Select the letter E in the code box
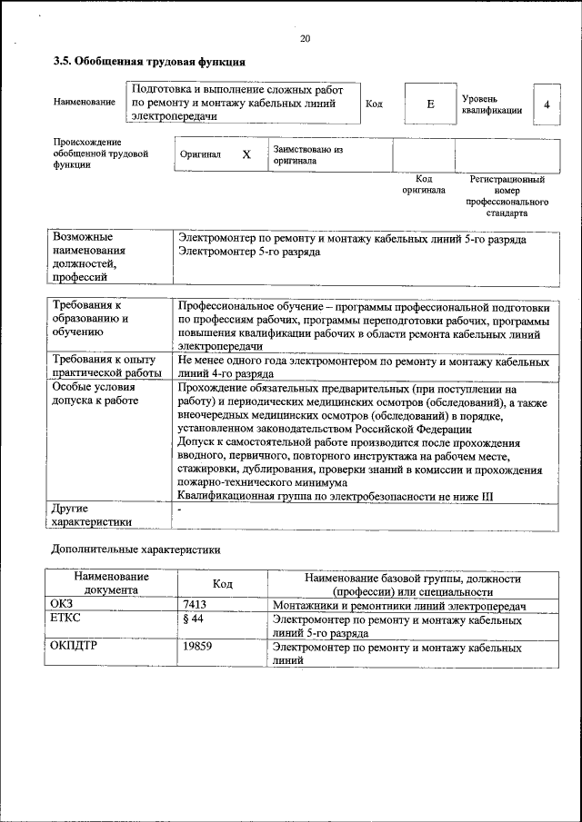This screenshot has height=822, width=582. [430, 104]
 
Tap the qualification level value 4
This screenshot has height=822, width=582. [547, 104]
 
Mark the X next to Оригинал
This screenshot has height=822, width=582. [246, 154]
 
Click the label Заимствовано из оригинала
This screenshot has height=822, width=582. [307, 154]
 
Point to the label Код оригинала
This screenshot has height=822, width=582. [423, 184]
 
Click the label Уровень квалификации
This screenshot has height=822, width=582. [491, 104]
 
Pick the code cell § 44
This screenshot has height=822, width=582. [192, 619]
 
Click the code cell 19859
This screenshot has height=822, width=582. [197, 649]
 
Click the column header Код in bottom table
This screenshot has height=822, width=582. [223, 584]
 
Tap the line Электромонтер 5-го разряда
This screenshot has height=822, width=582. [248, 252]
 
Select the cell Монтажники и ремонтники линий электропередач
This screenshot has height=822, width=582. [400, 605]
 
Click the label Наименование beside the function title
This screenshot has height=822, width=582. [84, 103]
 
